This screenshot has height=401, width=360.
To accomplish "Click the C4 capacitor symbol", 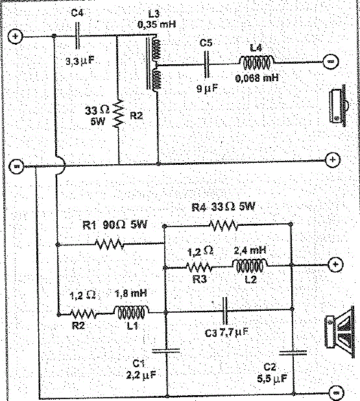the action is (78, 36).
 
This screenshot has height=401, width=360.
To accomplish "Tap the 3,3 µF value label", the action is (80, 62).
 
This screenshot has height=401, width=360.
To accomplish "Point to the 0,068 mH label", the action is (257, 78).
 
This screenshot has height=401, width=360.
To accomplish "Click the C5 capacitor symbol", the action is (206, 64).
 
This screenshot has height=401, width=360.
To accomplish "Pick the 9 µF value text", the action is (208, 88).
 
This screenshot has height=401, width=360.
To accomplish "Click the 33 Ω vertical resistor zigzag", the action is (119, 114).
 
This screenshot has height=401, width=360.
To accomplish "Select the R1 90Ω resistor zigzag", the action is (110, 244).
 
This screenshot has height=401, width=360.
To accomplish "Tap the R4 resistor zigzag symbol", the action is (223, 225).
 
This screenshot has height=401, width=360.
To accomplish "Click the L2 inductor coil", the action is (250, 266).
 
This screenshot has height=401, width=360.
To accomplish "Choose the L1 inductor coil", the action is (131, 312).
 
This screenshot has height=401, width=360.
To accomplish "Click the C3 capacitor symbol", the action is (225, 310).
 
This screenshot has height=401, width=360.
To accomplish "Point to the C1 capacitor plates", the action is (166, 350).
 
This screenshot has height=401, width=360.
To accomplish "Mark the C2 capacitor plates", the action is (293, 353).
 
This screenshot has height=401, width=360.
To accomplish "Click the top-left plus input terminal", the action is (16, 36).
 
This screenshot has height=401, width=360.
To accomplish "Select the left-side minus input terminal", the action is (17, 167).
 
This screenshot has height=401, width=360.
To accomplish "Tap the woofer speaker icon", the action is (340, 332).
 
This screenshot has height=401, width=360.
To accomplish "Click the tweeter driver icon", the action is (339, 105).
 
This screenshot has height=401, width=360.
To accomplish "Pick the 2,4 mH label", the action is (250, 250).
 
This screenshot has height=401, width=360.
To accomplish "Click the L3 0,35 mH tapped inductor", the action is (154, 64).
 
